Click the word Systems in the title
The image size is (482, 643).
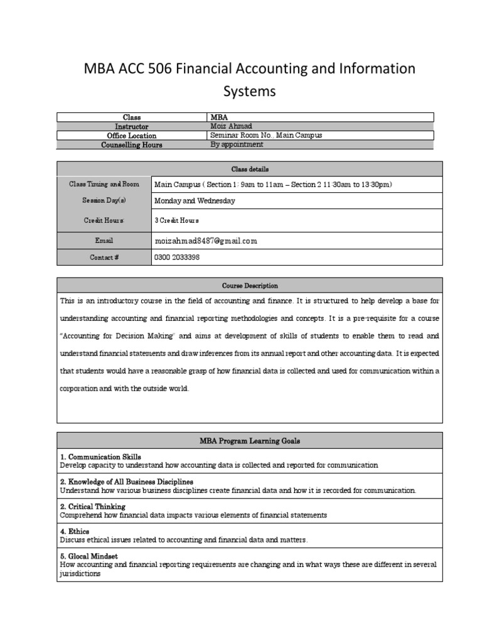250,92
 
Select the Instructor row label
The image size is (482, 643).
132,126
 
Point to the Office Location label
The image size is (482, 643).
132,136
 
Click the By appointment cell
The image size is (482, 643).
237,144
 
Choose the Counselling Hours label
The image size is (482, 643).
132,145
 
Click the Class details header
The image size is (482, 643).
250,169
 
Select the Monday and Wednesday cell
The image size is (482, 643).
195,201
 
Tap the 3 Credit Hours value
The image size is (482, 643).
177,221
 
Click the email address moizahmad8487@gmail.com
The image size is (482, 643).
206,240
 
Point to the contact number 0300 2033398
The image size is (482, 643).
177,257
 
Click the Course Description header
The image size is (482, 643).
250,286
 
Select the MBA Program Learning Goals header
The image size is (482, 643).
250,441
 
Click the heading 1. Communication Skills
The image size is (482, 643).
100,457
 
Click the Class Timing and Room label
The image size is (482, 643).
104,185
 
